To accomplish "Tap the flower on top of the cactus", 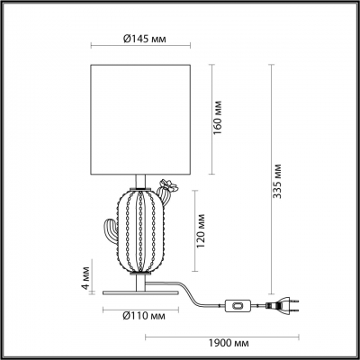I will coord(166,189).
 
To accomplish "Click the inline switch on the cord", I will coord(238,306).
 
